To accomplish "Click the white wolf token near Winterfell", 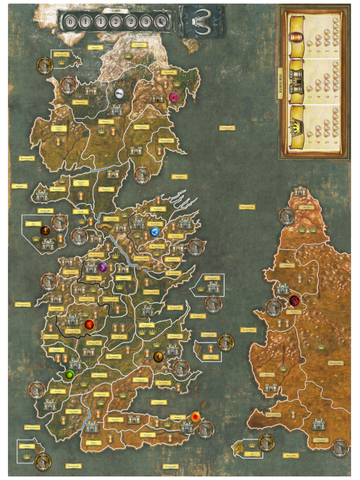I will pos(120,93).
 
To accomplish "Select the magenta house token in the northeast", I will pos(174,97).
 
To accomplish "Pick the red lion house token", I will pos(89,324).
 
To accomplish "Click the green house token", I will pos(69,375).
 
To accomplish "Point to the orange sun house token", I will pos(195,416).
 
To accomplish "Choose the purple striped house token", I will pos(103,267).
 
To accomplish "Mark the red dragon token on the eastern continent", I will pos(294,300).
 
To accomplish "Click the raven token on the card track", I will pos(161,22).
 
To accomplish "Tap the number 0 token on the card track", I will pos(70,22).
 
